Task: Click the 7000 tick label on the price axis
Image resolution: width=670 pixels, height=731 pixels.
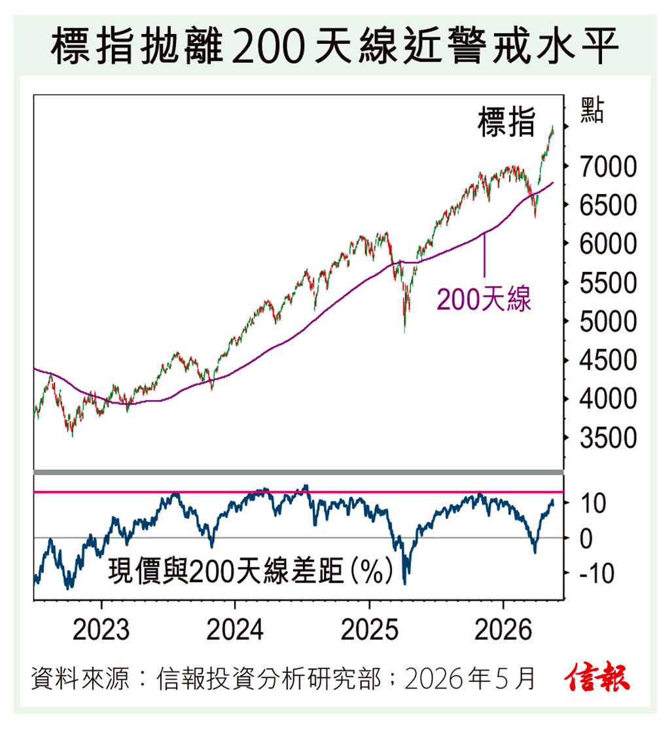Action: point(608,167)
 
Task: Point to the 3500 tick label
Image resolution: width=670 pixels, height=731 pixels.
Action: point(608,438)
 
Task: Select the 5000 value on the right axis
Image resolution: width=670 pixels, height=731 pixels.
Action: point(608,322)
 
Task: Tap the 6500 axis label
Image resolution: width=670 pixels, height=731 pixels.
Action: point(608,205)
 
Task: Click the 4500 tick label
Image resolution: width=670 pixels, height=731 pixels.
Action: point(608,360)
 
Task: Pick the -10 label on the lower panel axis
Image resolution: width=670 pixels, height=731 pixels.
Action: point(597,573)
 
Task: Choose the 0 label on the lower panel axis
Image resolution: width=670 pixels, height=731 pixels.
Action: point(586,539)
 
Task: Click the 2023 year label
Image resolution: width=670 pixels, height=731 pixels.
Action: point(101,630)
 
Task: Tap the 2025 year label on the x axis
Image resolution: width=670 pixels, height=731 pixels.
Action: point(370,630)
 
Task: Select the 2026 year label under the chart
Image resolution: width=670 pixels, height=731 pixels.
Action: point(503,630)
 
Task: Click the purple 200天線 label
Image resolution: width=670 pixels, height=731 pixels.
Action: point(484,299)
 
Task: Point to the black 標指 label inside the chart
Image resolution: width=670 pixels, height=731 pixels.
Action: point(506,122)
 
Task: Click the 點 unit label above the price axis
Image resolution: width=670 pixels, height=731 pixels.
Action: point(591,110)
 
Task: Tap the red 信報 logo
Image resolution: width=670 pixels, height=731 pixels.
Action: point(597,677)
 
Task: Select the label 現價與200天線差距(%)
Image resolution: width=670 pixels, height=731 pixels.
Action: point(251,570)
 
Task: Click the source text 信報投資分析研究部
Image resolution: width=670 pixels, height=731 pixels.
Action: point(269,678)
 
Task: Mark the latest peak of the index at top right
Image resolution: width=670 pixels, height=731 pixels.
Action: point(553,127)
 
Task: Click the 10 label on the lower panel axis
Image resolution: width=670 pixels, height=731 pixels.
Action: point(593,503)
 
